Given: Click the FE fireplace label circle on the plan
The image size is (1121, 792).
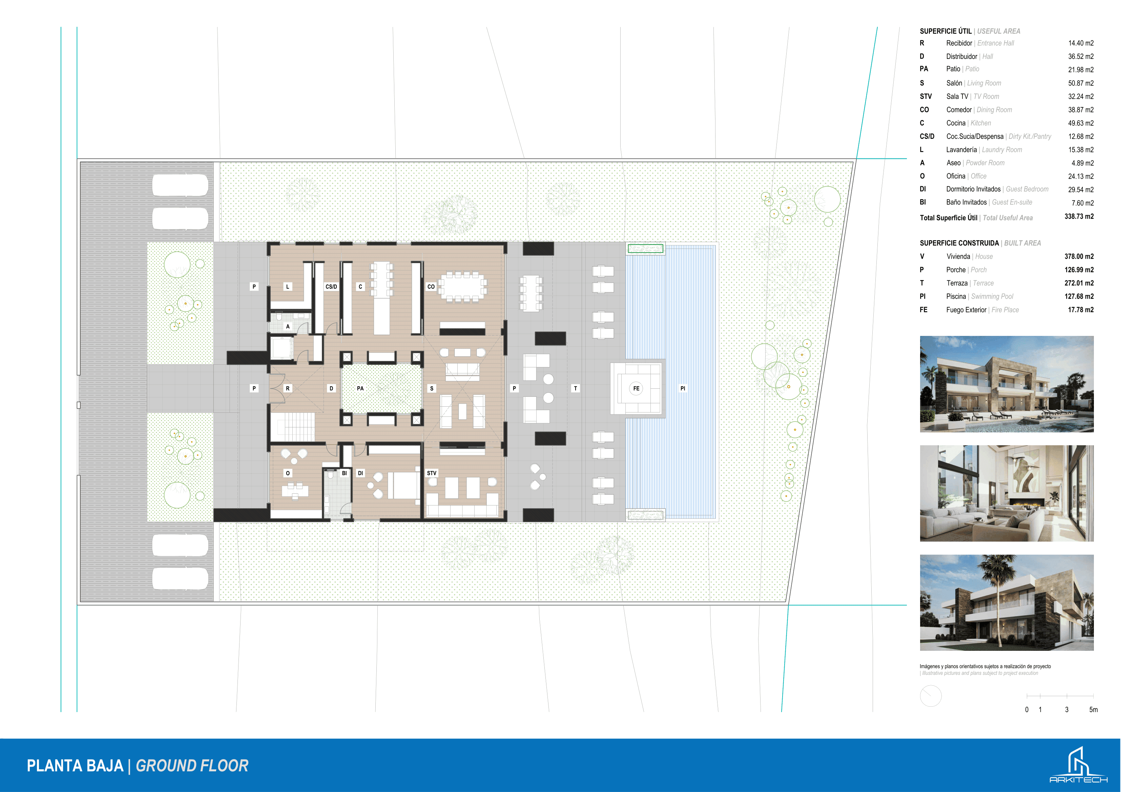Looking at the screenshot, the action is pyautogui.click(x=636, y=388).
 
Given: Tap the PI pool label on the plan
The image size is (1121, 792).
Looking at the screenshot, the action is pyautogui.click(x=683, y=388).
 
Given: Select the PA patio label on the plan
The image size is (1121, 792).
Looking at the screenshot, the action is pyautogui.click(x=360, y=388).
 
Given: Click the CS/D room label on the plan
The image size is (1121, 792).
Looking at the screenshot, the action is pyautogui.click(x=331, y=286).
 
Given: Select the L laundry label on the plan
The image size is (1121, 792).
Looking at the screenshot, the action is pyautogui.click(x=288, y=286).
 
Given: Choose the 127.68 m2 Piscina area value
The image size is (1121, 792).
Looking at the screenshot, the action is pyautogui.click(x=1079, y=296).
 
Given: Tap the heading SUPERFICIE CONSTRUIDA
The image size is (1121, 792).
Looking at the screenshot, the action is pyautogui.click(x=959, y=243).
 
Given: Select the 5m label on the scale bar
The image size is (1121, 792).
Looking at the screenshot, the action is pyautogui.click(x=1094, y=709).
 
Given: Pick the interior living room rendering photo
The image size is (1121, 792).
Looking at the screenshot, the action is pyautogui.click(x=1007, y=493).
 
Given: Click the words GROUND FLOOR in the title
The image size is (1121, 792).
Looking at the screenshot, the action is pyautogui.click(x=192, y=766).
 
